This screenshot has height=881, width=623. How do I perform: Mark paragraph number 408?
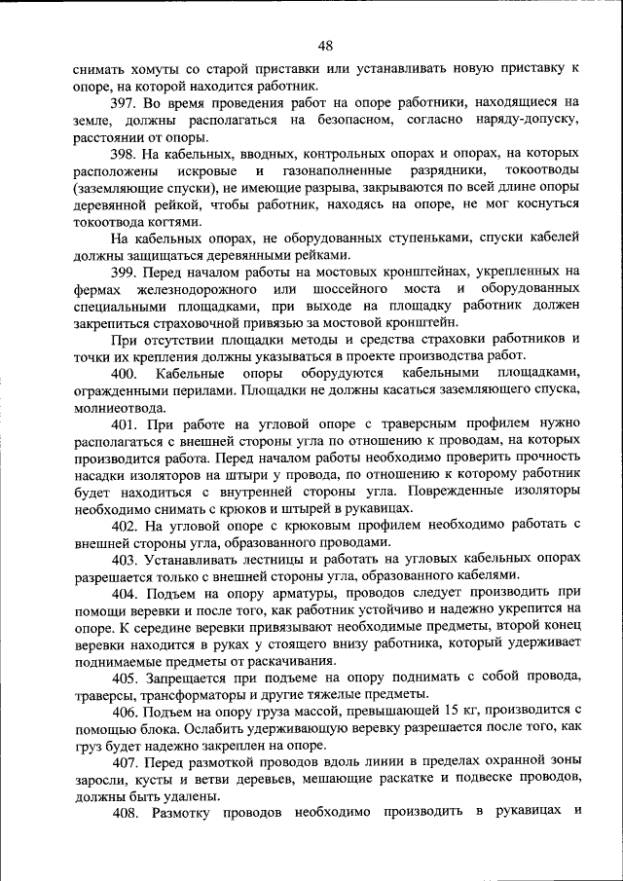(127, 813)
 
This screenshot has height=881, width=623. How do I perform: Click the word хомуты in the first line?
(149, 69)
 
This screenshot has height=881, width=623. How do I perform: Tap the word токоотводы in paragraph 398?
(535, 170)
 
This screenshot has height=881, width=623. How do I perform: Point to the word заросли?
(99, 780)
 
